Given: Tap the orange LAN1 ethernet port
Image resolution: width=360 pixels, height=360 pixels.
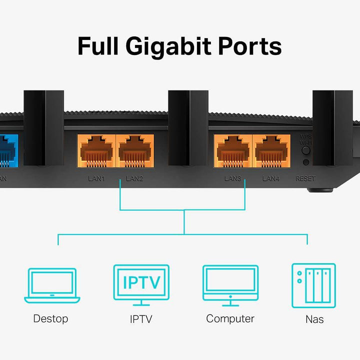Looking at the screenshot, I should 96,150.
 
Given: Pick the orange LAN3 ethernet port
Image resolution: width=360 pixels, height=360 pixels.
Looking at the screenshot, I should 233,150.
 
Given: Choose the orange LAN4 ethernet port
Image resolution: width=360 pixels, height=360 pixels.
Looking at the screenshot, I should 271,150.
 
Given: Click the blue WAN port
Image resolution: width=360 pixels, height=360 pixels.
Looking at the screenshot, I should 7,150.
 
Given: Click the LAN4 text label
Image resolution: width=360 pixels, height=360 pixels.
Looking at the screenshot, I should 272,178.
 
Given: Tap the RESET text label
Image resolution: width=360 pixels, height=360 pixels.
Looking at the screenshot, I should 305,178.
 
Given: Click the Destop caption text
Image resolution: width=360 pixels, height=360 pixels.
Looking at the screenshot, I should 50,318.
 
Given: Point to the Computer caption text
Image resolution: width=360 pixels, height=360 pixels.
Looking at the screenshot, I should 230,318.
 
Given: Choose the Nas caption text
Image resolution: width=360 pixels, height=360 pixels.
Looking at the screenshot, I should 314,319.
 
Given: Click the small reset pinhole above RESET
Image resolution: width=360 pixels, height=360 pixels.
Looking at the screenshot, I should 306,162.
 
